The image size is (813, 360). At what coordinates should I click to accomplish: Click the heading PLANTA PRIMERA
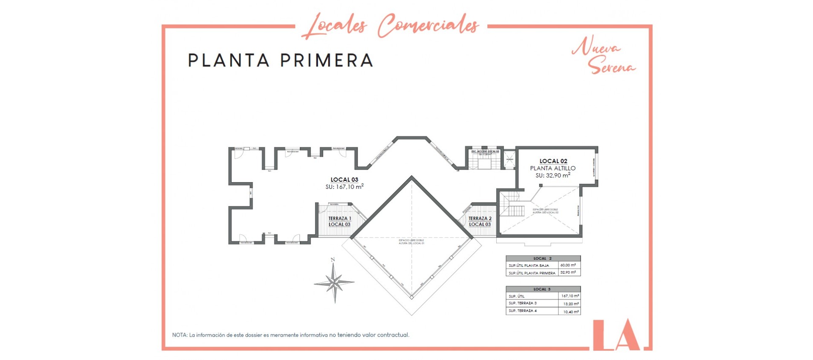pos(280,60)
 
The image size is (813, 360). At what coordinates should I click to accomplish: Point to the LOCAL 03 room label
pos(344,180)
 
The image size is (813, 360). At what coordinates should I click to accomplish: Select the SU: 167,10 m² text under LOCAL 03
pos(344,187)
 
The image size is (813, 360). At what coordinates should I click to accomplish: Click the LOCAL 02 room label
pos(553,161)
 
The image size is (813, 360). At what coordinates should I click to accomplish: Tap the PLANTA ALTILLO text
pos(553,168)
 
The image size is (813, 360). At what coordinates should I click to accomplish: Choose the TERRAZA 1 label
pos(340,219)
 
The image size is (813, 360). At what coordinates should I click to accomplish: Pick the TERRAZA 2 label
pos(480,219)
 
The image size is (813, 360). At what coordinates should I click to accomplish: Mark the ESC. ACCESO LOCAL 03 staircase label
pos(485,151)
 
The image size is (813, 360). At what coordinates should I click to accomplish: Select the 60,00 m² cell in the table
pos(568,265)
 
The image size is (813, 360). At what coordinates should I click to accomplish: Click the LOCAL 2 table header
pos(542,258)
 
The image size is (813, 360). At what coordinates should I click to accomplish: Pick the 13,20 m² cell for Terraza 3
pos(570,304)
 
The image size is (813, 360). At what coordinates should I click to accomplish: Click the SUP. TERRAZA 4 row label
pos(523,311)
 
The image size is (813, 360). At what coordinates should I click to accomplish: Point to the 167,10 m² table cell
pos(570,296)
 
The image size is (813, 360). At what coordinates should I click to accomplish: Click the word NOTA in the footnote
pos(180,335)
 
